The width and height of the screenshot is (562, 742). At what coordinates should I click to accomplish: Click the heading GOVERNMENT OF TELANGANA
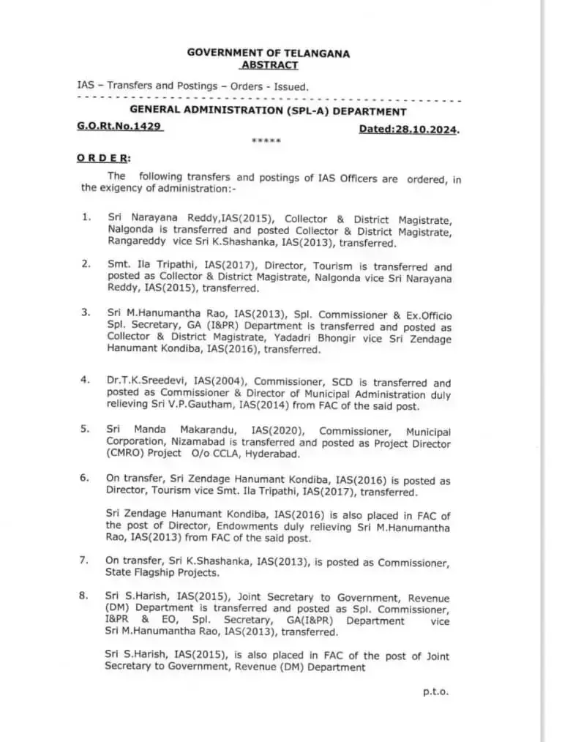click(x=269, y=53)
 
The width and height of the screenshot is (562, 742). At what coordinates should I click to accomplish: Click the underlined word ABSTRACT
click(x=269, y=65)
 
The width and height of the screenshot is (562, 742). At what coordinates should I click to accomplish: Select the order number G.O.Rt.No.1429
click(x=119, y=126)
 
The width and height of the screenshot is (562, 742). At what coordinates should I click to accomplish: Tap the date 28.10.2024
click(x=429, y=130)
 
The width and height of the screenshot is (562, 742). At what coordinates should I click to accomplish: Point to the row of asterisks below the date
click(x=266, y=141)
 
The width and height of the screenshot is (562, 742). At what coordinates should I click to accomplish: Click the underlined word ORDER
click(x=103, y=158)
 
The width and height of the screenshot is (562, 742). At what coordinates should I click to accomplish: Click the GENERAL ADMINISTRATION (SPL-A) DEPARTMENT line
click(x=268, y=112)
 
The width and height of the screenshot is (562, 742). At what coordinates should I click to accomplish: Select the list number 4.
click(x=85, y=380)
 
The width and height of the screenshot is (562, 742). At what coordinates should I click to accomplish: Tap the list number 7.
click(x=85, y=561)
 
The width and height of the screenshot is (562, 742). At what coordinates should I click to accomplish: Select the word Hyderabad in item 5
click(x=274, y=454)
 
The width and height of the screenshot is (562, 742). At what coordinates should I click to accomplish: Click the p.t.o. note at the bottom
click(x=435, y=691)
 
